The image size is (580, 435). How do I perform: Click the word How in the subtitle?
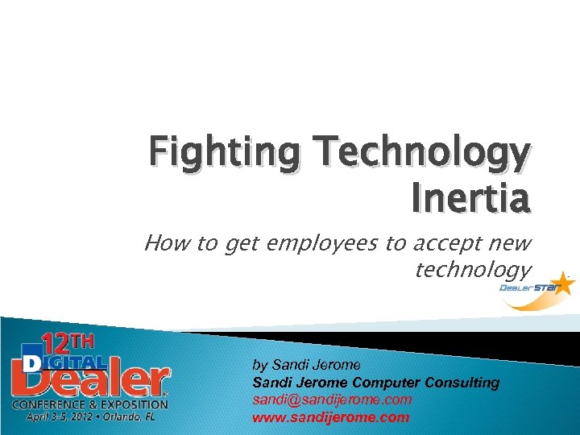(x=166, y=243)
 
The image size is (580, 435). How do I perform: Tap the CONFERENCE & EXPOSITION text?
(x=89, y=404)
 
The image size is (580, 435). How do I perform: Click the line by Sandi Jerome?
(x=307, y=365)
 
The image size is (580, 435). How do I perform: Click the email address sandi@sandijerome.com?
(x=332, y=400)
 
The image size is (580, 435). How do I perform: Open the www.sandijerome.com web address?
(x=331, y=417)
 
